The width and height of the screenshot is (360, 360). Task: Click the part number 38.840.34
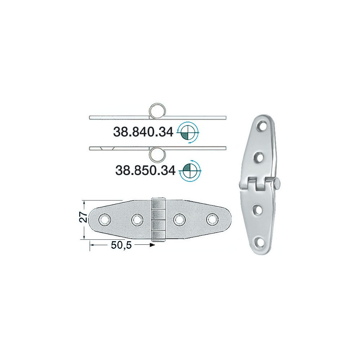tap(143, 132)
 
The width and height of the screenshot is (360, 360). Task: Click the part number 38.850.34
tap(145, 170)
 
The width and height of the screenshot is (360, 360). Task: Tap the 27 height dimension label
tap(84, 217)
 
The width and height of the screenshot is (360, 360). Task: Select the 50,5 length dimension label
tap(121, 245)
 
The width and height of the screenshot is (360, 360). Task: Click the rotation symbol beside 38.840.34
tap(188, 132)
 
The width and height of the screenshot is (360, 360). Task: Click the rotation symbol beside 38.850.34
tap(190, 171)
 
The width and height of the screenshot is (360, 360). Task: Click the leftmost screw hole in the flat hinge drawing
tap(105, 220)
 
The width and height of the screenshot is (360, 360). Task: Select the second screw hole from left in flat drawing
tap(137, 220)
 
